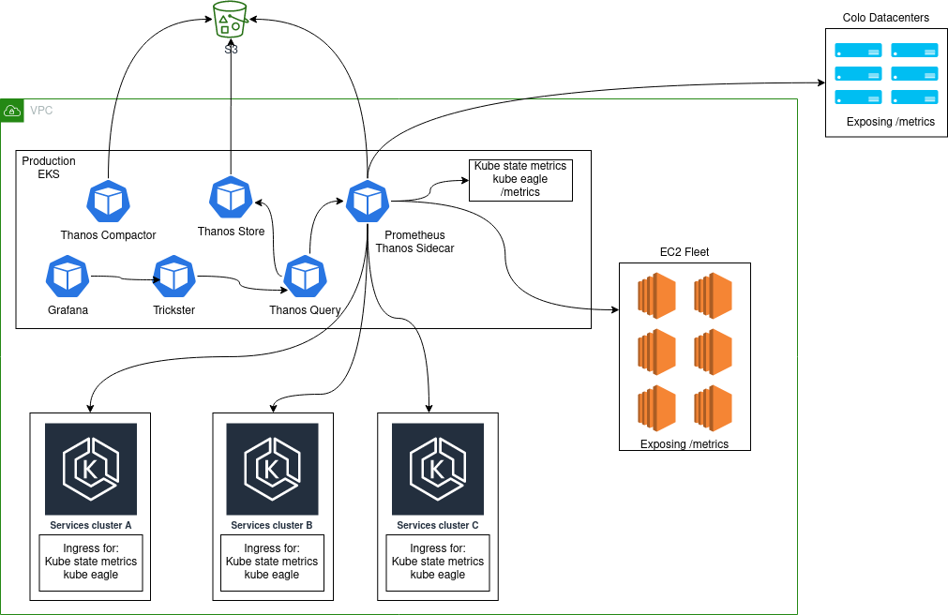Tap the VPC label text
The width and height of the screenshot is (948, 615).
pyautogui.click(x=41, y=111)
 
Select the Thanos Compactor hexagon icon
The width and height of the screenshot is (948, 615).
pyautogui.click(x=108, y=200)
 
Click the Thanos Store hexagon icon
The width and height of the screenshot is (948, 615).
pyautogui.click(x=231, y=196)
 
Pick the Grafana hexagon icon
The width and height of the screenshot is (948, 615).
pyautogui.click(x=68, y=276)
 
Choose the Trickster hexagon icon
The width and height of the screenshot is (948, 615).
pyautogui.click(x=173, y=276)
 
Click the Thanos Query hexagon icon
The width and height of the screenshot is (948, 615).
pyautogui.click(x=305, y=276)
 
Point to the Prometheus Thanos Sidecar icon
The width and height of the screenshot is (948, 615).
pyautogui.click(x=368, y=201)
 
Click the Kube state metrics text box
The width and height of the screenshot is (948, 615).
pyautogui.click(x=520, y=179)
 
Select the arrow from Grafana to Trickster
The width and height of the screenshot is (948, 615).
pyautogui.click(x=122, y=277)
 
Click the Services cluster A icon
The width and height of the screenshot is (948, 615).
pyautogui.click(x=91, y=469)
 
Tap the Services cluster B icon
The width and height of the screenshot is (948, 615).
pyautogui.click(x=272, y=469)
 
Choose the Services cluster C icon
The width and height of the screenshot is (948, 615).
pyautogui.click(x=438, y=469)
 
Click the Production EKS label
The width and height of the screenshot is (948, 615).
pyautogui.click(x=49, y=168)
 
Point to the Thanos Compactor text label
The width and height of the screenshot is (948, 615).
pyautogui.click(x=108, y=234)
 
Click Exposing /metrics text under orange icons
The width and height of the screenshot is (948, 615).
pyautogui.click(x=685, y=444)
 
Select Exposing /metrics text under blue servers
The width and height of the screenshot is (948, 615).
pyautogui.click(x=890, y=122)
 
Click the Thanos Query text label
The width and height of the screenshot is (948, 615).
pyautogui.click(x=305, y=310)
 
